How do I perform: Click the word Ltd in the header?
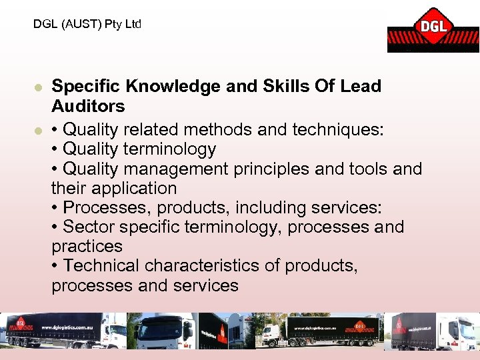(133, 24)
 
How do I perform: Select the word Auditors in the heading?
(88, 106)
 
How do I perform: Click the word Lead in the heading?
(359, 86)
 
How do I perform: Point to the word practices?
(87, 247)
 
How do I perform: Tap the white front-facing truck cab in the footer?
(163, 331)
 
